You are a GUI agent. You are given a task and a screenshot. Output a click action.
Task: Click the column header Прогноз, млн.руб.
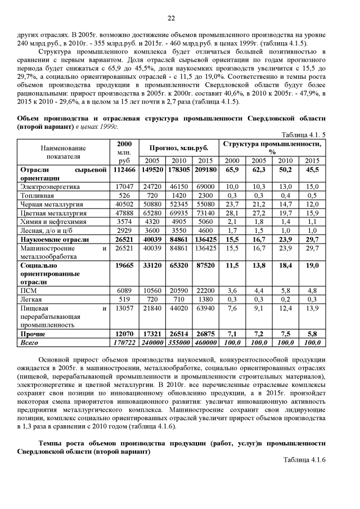click(x=178, y=147)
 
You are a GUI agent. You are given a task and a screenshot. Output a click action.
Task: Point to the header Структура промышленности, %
click(x=272, y=148)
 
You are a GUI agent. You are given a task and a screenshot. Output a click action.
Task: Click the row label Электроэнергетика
click(x=50, y=186)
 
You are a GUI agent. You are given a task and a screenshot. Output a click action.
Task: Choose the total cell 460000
click(x=205, y=342)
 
